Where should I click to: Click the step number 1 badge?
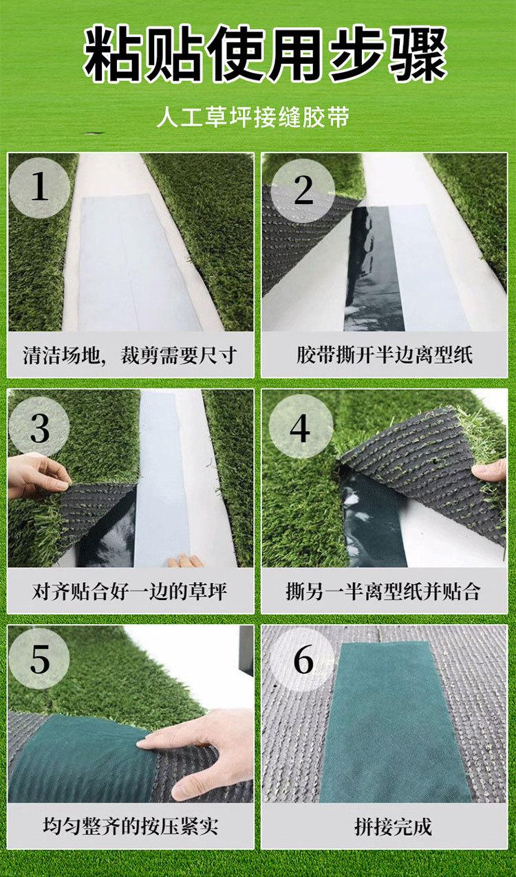click(x=39, y=187)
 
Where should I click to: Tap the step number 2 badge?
click(x=303, y=190)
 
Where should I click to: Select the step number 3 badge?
click(x=39, y=429)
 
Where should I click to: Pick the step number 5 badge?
click(x=39, y=659)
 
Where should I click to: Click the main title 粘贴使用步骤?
click(x=265, y=53)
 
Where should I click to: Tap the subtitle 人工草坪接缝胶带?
click(x=252, y=116)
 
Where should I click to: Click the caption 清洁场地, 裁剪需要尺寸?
click(x=129, y=355)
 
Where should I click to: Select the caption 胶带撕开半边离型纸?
click(x=385, y=355)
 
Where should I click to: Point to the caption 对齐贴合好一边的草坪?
click(x=129, y=591)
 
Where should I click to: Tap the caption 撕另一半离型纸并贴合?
click(x=383, y=591)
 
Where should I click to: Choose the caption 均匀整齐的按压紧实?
click(x=131, y=826)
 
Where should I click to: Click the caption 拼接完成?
click(x=393, y=826)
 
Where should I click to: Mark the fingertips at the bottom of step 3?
click(x=185, y=561)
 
